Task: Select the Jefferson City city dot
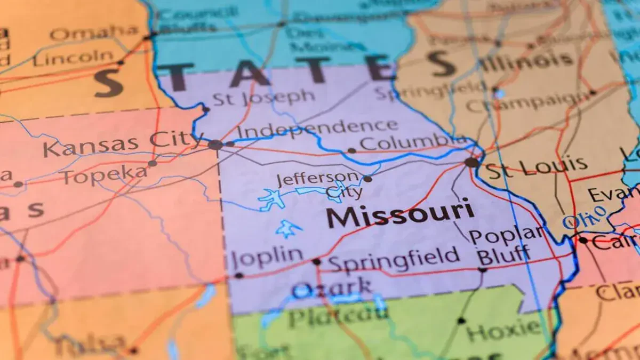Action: (367, 179)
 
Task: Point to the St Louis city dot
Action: (471, 162)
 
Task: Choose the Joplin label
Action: (268, 258)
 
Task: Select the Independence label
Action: (317, 129)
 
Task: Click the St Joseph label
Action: (263, 98)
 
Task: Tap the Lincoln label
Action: (73, 57)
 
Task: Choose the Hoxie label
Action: (504, 330)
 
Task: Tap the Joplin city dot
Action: (238, 275)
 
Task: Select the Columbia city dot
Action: (351, 150)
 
